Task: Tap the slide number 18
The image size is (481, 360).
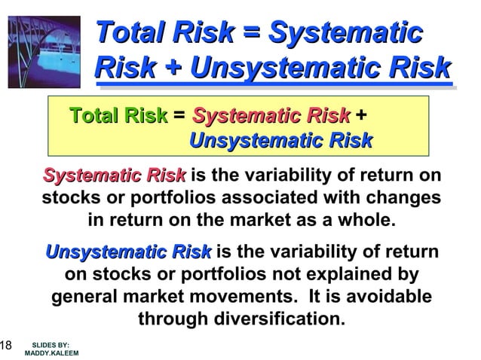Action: [5, 346]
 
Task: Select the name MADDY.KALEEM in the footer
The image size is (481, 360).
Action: [51, 352]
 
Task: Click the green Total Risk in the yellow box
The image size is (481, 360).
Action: [118, 116]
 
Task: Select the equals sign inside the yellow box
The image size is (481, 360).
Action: [179, 117]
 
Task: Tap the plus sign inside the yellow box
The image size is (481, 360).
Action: [362, 117]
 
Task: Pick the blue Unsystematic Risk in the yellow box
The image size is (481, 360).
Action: [280, 140]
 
